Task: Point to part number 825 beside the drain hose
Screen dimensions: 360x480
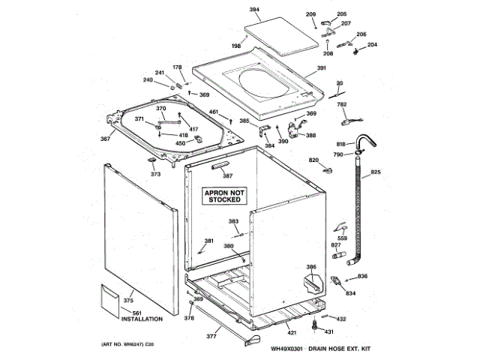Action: point(375,173)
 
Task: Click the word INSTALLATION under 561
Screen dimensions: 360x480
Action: point(142,319)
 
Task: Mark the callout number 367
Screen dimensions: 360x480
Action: point(106,138)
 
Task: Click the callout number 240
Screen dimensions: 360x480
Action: point(148,80)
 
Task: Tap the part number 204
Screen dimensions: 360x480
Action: point(372,45)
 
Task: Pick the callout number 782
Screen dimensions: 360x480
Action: point(341,104)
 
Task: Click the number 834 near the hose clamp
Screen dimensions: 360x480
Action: point(349,293)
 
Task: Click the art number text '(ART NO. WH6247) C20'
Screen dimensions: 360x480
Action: point(121,343)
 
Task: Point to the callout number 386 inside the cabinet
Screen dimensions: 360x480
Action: point(311,268)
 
